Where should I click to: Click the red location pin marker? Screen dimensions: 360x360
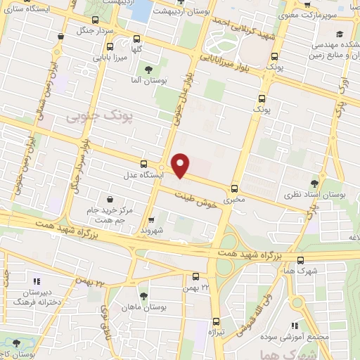181,165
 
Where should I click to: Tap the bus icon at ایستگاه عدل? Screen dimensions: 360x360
144,162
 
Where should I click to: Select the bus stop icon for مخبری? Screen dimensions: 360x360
234,188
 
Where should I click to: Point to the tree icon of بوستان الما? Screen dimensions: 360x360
148,69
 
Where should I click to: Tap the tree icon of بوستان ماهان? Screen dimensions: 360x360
144,296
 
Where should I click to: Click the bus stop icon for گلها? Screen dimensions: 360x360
136,39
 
